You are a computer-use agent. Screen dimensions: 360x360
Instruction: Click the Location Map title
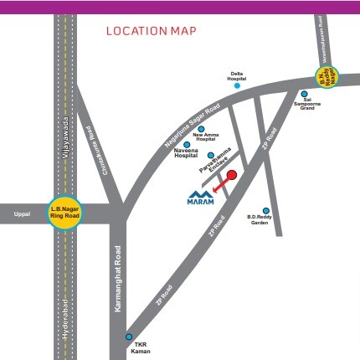click(x=151, y=32)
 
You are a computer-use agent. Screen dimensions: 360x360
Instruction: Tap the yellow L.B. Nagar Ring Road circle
click(x=64, y=213)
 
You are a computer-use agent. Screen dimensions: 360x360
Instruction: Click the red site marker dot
click(x=233, y=175)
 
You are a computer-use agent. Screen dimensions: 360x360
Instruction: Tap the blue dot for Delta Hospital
click(x=237, y=85)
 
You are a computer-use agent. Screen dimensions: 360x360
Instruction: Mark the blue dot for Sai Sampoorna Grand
click(x=304, y=94)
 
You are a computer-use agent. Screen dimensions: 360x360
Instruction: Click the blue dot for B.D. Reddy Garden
click(x=266, y=210)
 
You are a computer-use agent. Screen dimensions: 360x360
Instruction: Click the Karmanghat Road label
click(x=118, y=278)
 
